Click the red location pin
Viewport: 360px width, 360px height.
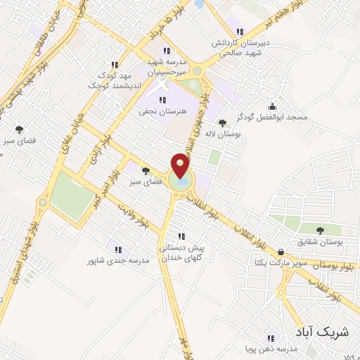(180, 166)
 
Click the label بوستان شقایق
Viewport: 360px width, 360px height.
(320, 243)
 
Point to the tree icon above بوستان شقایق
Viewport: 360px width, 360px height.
(320, 231)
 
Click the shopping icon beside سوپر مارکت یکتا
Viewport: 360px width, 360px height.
(281, 252)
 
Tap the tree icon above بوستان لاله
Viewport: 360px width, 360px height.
(222, 123)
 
